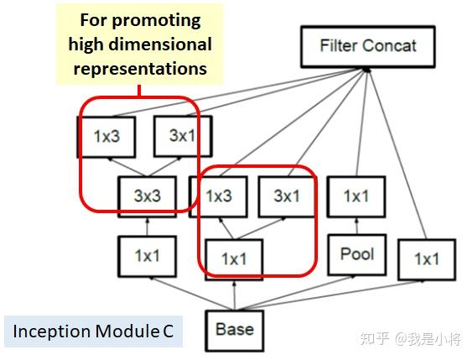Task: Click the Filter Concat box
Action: coord(367,45)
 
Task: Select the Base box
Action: coord(234,329)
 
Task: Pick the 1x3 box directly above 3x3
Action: coord(107,136)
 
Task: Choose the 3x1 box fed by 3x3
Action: coord(182,136)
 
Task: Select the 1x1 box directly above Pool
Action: coord(356,196)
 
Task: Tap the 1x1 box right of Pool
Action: coord(426,259)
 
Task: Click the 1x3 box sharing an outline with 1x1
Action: coord(218,196)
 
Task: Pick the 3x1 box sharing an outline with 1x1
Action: coord(286,196)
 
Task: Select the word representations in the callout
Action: coord(139,69)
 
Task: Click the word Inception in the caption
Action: coord(47,331)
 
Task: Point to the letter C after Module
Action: coord(168,331)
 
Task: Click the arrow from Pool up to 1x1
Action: coord(356,225)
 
